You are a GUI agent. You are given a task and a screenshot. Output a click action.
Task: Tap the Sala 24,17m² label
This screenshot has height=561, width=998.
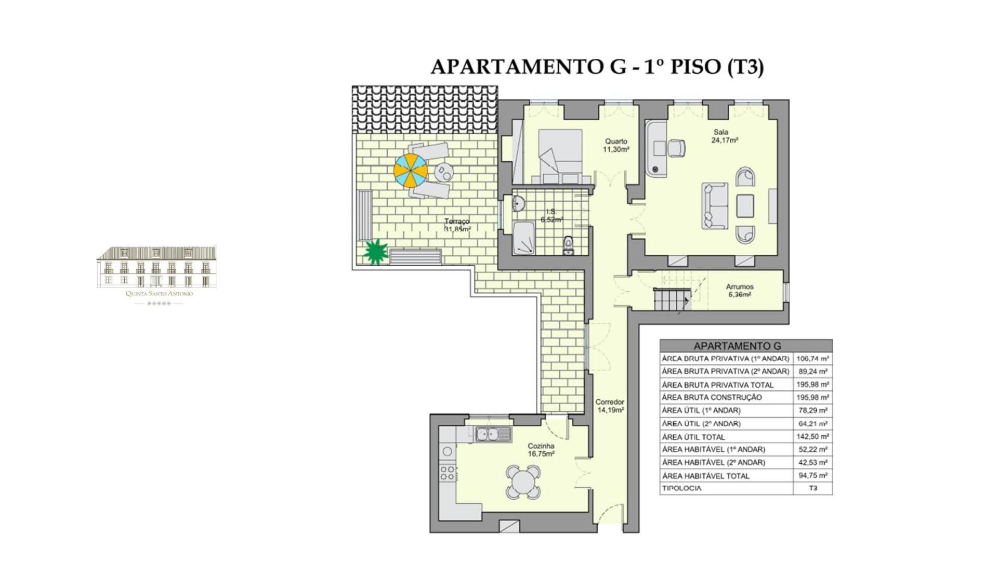pos(725,136)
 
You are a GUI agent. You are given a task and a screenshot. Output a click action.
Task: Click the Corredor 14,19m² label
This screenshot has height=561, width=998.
pos(610,406)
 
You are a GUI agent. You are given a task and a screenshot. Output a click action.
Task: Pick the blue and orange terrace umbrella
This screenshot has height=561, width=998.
pos(411,171)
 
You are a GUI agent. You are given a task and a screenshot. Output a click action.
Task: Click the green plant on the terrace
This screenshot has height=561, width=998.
pos(375,252)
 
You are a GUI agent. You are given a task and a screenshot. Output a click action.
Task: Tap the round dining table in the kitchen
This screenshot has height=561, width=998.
pos(523,482)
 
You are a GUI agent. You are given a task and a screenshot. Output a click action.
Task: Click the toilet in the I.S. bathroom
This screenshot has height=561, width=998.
pos(569,245)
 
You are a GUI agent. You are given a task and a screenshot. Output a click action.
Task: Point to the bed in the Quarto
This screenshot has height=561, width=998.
pos(560,156)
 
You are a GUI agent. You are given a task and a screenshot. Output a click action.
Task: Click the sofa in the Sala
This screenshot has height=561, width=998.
pos(714,206)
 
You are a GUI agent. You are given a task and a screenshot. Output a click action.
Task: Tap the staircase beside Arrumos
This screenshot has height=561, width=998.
pos(672,299)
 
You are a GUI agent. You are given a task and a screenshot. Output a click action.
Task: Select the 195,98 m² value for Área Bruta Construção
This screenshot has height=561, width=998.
pos(812,397)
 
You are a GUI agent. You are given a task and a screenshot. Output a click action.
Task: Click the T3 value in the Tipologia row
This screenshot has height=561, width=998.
pos(813,488)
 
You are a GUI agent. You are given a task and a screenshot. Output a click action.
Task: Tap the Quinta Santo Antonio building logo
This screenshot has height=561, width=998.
pos(156,275)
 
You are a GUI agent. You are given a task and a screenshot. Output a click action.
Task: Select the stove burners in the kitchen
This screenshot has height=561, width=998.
pos(447,473)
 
